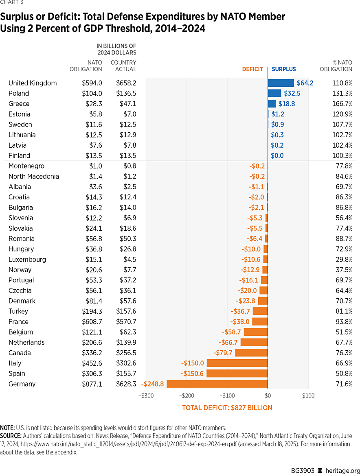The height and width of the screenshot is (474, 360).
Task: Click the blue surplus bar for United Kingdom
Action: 281,83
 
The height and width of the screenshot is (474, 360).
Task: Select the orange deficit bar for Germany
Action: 217,384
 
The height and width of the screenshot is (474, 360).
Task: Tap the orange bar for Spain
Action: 237,374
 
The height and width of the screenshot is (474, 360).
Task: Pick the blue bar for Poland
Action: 274,93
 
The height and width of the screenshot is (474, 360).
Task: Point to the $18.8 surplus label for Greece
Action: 286,104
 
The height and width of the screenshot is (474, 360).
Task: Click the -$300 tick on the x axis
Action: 146,395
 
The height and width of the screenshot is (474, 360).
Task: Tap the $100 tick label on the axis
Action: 308,395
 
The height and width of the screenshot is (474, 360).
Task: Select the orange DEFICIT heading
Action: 252,69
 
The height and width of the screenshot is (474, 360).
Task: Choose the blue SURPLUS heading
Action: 284,69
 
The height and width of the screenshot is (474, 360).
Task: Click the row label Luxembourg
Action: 27,260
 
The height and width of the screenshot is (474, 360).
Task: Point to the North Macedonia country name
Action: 34,177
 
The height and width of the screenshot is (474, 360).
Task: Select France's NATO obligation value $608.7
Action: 92,322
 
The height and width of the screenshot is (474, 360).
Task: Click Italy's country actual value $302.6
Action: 126,363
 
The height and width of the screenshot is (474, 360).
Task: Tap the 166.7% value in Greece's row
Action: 342,104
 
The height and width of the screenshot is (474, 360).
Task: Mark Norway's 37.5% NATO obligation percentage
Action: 344,270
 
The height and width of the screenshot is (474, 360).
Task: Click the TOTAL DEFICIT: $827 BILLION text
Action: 227,408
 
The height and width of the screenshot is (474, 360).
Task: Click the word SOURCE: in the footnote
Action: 13,436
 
